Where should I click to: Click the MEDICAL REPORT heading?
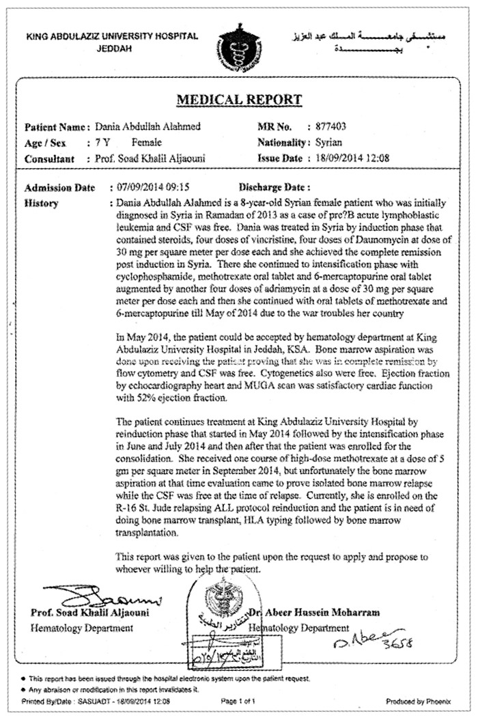click(x=239, y=100)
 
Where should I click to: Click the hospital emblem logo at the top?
click(x=239, y=46)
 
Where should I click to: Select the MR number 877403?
click(x=327, y=127)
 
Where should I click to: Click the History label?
click(x=42, y=204)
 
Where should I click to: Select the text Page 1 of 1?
click(x=239, y=701)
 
